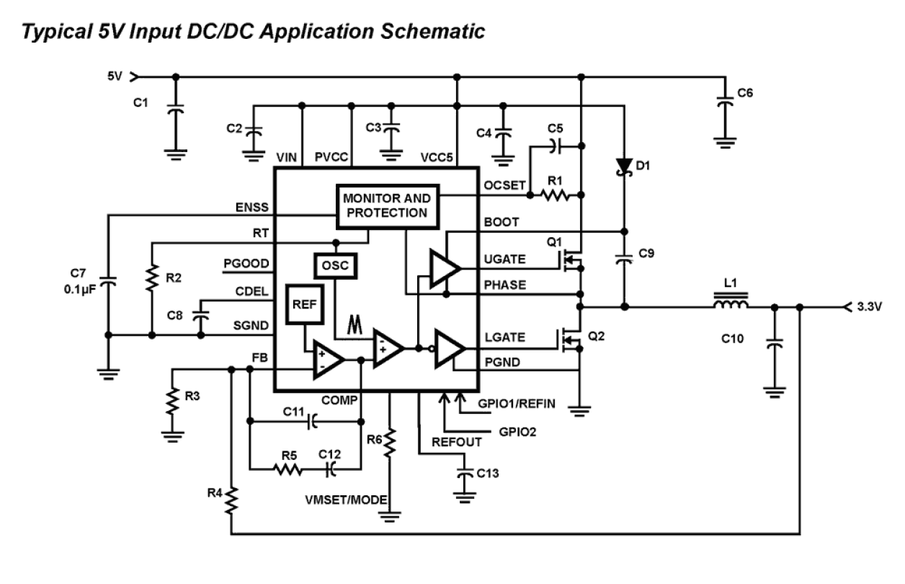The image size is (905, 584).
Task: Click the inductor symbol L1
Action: (x=731, y=302)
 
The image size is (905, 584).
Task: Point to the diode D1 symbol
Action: (x=623, y=166)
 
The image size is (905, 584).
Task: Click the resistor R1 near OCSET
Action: (x=556, y=195)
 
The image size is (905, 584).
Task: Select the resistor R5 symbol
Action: (x=287, y=469)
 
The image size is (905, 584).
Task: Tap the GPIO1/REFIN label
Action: (x=516, y=404)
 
